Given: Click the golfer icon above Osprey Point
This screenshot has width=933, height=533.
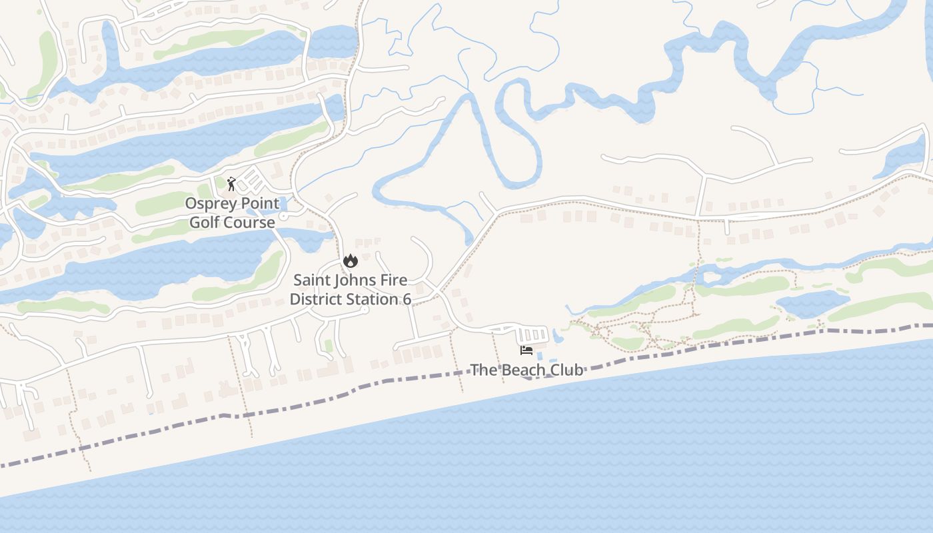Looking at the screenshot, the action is (x=231, y=183).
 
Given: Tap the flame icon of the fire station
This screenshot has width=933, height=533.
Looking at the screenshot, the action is (x=351, y=261).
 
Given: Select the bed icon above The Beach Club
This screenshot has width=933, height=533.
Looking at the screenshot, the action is (x=526, y=350).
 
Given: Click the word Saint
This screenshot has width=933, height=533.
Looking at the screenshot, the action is (x=312, y=280).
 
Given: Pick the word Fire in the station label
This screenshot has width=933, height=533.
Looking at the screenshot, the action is (x=395, y=280).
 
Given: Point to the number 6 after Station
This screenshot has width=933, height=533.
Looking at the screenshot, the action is (x=407, y=299).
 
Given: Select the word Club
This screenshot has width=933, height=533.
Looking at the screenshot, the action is (x=566, y=370).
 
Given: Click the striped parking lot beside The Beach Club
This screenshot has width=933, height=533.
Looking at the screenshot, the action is (x=532, y=334).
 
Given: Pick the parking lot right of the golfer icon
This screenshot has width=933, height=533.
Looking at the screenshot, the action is (x=251, y=181).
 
